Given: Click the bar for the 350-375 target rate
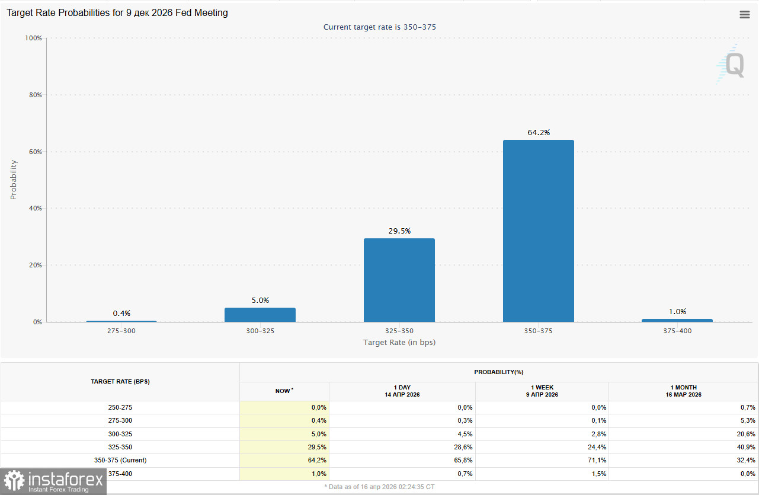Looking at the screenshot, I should (538, 231).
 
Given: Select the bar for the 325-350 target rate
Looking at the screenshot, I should (399, 280).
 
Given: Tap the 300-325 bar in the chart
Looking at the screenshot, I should (260, 315).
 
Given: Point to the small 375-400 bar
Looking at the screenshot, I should (677, 320).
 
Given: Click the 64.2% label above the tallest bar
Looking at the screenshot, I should (539, 133).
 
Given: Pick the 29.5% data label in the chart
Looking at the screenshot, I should (399, 231).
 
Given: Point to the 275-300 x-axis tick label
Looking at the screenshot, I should (121, 331).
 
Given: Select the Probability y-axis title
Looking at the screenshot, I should (14, 179).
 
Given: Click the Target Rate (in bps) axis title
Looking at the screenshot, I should (399, 343).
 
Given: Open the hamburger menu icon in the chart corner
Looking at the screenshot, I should (745, 15).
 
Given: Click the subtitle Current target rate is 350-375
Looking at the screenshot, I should (380, 27).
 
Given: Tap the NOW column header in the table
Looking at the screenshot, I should (284, 391).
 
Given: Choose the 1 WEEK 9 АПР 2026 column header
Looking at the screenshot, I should (542, 391).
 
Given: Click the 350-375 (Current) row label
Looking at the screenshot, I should (120, 460).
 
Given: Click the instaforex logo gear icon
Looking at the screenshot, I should (14, 481).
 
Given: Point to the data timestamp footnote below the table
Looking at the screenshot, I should (379, 487).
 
